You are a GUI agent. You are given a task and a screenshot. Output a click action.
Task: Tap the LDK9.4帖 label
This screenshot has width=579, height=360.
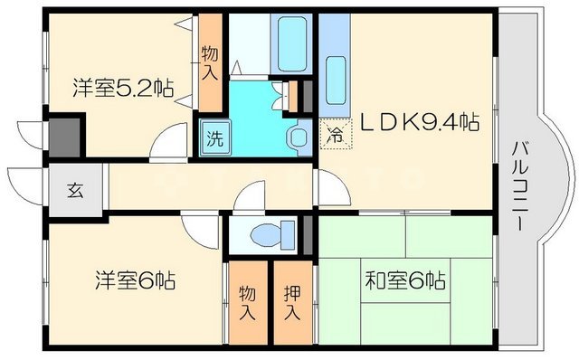click(x=422, y=123)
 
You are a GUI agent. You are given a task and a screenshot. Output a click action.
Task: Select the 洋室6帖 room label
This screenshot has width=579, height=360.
click(x=135, y=279)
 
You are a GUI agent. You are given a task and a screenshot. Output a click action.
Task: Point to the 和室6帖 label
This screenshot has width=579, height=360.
click(x=404, y=279)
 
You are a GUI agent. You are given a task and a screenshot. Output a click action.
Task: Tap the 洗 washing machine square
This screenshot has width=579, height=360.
click(x=214, y=140)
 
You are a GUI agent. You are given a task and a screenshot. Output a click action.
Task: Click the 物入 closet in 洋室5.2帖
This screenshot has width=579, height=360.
click(x=210, y=62)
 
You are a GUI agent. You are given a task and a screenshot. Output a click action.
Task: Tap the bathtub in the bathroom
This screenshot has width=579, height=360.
click(x=289, y=41)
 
